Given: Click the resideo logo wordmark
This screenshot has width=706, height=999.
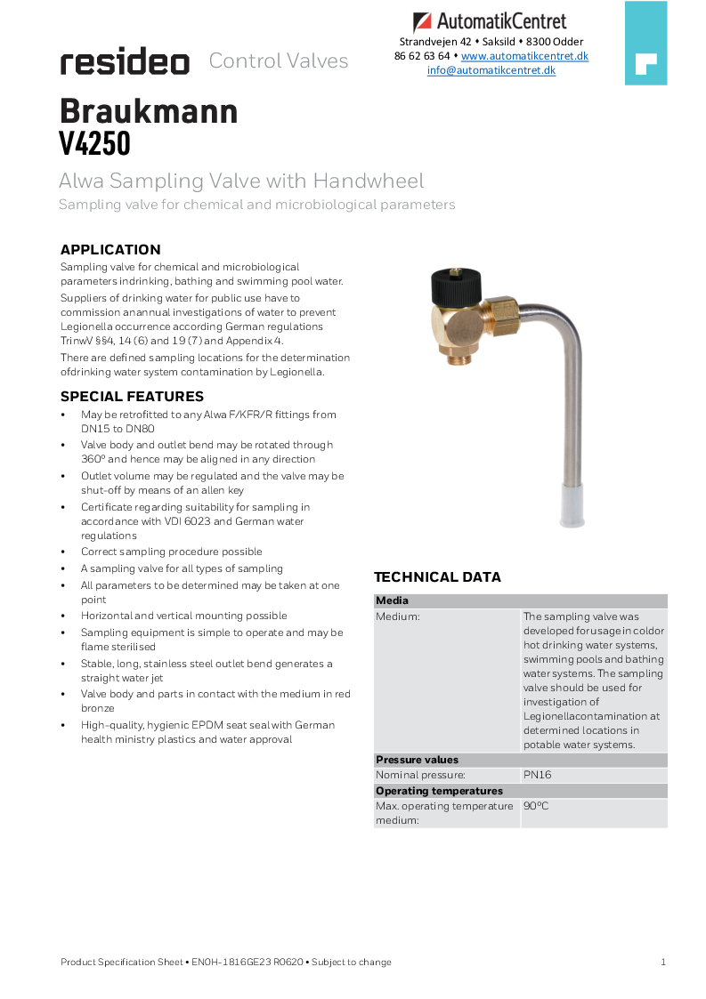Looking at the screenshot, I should (x=125, y=62).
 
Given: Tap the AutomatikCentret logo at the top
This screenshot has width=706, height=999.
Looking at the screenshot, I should (x=490, y=21).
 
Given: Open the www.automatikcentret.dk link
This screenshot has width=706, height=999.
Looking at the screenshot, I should (x=524, y=56).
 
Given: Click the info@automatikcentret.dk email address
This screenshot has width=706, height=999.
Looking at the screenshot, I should (x=491, y=70).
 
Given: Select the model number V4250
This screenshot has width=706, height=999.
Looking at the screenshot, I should (x=95, y=143).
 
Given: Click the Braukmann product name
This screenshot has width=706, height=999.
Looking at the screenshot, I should (x=149, y=111).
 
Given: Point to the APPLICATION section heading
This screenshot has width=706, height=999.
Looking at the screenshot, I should (x=110, y=250).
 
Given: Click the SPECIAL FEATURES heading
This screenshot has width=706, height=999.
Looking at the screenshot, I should (x=132, y=397).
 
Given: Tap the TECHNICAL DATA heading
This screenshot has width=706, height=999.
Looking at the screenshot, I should (x=437, y=577).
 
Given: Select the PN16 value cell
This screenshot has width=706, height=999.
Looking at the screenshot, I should (x=538, y=775).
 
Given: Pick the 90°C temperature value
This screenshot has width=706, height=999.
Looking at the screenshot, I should (x=536, y=806).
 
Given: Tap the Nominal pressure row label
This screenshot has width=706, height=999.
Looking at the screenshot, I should (x=420, y=775).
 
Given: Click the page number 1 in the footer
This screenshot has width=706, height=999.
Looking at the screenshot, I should (x=663, y=962).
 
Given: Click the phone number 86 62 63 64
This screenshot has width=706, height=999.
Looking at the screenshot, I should (x=422, y=56).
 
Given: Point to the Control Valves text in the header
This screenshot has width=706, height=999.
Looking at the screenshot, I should (x=279, y=61).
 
